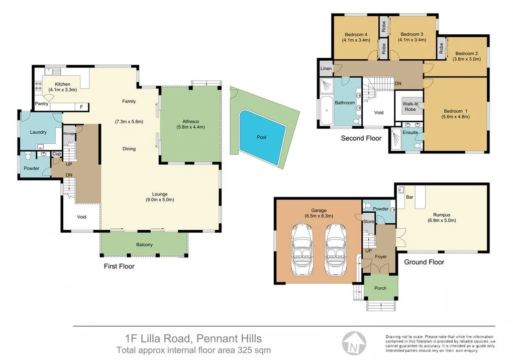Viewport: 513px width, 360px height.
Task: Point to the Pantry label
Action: coord(42,104)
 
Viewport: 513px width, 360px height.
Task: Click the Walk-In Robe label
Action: coord(411,106)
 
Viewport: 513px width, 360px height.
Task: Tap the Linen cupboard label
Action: coord(325,68)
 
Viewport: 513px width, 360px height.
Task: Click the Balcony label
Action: coord(144,245)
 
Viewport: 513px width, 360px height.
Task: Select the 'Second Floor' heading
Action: coord(361,138)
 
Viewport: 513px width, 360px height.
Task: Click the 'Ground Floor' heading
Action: coord(424,262)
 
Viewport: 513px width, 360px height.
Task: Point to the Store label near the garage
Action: coord(369,221)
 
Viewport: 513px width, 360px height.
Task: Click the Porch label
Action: coord(380,288)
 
